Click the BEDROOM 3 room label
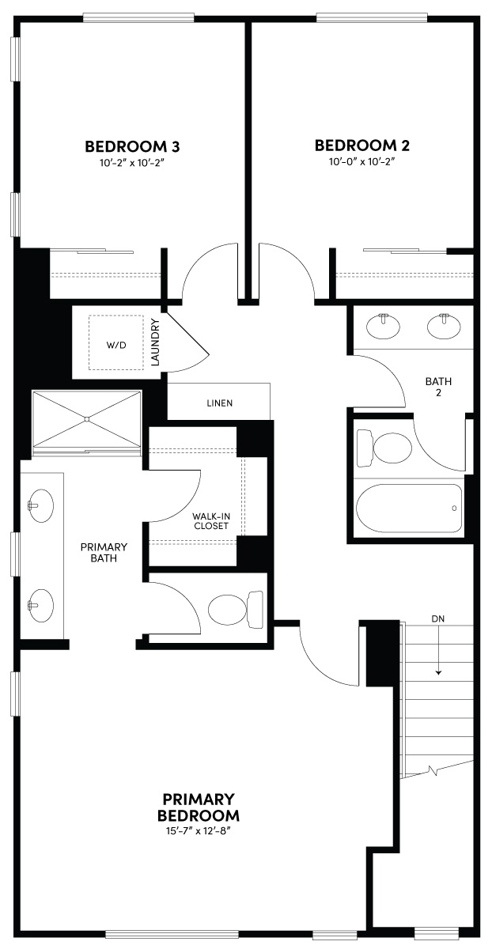132,146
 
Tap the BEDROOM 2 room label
362,146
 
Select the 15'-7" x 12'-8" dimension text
199,830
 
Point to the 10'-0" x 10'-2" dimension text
362,161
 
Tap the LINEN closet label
219,403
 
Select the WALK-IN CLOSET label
210,520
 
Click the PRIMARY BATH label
104,552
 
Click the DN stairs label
438,618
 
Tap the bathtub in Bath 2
410,509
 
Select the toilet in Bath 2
384,448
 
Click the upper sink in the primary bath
39,503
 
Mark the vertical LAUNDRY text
156,342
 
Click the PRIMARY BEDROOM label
199,807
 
